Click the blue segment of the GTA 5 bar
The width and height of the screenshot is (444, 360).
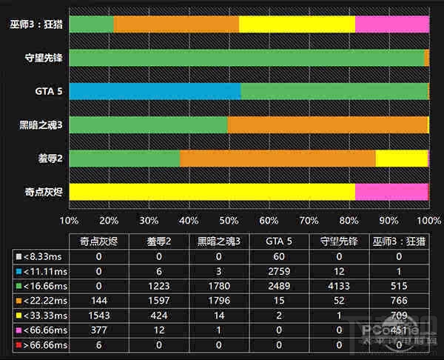tap(155, 91)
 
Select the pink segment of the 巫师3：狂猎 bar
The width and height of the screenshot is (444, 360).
tap(391, 24)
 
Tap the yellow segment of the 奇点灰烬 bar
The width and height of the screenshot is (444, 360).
tap(212, 192)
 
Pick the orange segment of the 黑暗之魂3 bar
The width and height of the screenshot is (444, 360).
tap(327, 124)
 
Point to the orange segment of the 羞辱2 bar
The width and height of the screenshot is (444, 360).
tap(277, 159)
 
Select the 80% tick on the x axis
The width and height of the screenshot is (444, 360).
tap(349, 221)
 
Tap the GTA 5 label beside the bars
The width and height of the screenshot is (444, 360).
tap(48, 91)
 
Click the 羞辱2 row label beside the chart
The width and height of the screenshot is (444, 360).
tap(49, 159)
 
